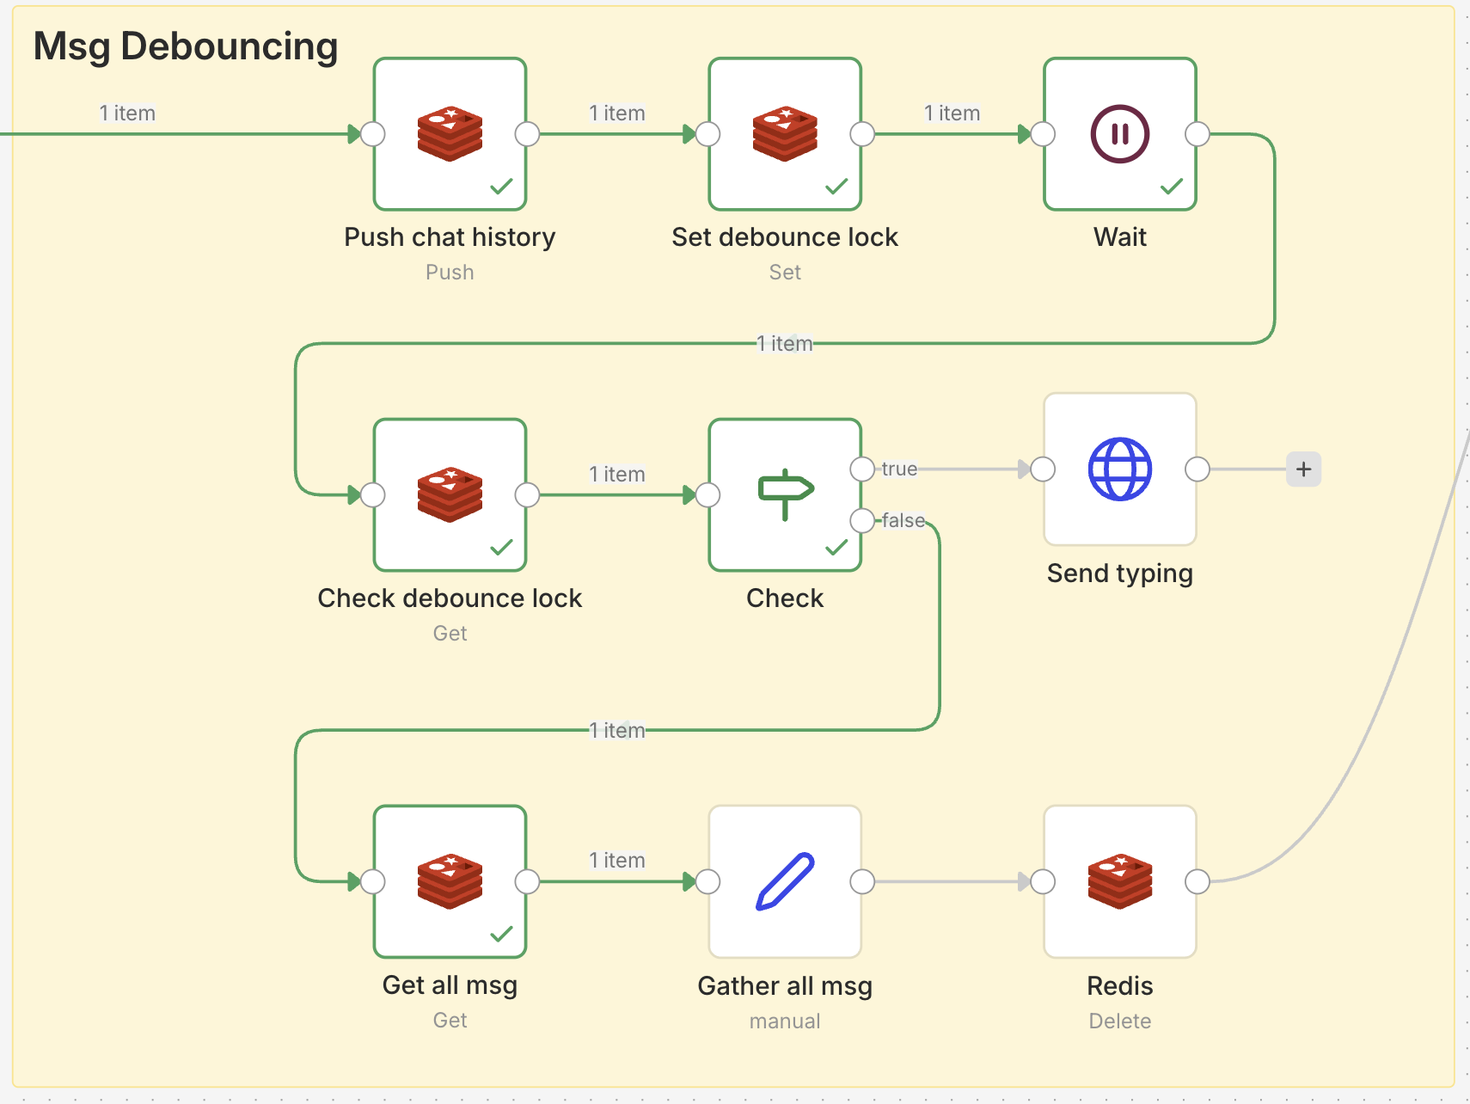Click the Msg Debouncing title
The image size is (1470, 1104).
coord(186,46)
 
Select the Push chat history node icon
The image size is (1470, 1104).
coord(450,134)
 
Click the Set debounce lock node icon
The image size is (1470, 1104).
coord(785,134)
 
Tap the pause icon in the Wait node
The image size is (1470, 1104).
coord(1120,134)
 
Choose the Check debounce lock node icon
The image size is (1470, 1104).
coord(450,495)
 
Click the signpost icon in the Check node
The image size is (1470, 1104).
coord(785,494)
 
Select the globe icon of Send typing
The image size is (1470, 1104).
coord(1120,469)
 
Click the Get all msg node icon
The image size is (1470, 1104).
coord(450,881)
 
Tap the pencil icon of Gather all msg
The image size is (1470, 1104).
coord(785,881)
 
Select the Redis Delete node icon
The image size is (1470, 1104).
coord(1120,881)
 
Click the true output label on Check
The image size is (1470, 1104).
coord(899,469)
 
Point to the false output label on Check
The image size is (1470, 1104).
coord(903,520)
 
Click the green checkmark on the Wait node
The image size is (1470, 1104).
coord(1172,187)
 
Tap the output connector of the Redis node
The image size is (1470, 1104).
coord(1197,881)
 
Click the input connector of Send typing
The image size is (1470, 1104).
coord(1043,469)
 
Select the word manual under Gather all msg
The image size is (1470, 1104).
coord(785,1021)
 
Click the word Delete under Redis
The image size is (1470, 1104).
coord(1120,1021)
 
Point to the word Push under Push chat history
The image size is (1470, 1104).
coord(450,273)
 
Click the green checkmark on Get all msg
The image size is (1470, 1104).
coord(501,934)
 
